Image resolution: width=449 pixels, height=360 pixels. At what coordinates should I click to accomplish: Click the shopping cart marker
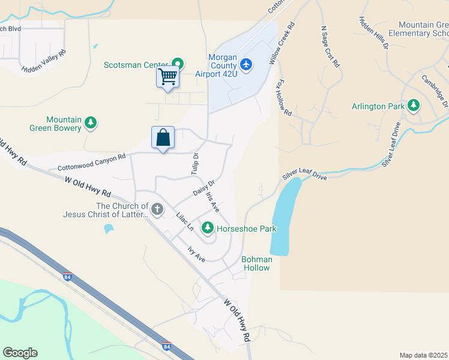coord(168,76)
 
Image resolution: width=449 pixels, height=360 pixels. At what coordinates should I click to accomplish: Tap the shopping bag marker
coord(163,137)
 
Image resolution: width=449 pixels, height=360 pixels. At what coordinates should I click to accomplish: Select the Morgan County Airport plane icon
coord(246,64)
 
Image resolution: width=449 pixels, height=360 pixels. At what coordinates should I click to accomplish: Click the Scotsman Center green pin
coord(178,63)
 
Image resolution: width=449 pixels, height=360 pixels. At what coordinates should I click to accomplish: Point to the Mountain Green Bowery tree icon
coord(90,123)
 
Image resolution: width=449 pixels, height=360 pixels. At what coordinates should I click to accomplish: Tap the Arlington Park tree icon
coord(413,106)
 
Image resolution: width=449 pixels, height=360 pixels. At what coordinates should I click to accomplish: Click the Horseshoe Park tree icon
coord(208,228)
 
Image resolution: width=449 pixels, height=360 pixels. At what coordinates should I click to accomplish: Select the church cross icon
coord(157,209)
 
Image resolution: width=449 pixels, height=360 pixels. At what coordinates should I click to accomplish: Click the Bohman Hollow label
coord(256,263)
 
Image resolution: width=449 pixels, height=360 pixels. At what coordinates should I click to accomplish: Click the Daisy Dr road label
coord(204,188)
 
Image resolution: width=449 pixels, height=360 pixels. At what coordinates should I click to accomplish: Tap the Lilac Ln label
coord(185,221)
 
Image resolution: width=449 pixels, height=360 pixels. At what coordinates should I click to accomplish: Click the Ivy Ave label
coord(196,254)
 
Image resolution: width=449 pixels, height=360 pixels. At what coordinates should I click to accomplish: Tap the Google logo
coord(20,353)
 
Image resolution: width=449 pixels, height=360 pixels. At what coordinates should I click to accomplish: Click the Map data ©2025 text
coord(424,355)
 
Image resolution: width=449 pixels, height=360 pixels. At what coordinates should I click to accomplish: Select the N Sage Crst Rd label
coord(331,46)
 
